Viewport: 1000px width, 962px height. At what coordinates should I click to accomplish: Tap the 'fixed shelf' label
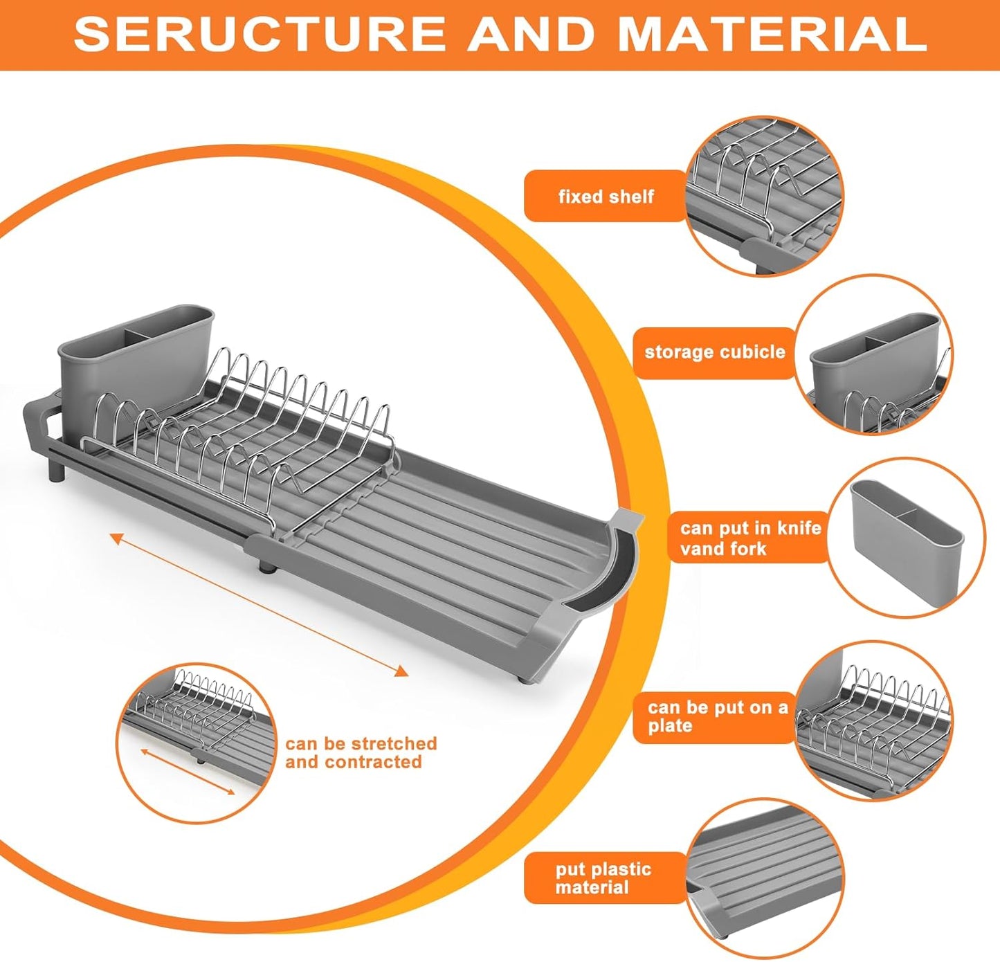point(605,197)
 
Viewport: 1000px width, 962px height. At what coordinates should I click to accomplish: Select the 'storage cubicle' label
point(714,352)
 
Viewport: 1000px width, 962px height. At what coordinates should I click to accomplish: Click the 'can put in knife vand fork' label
point(749,538)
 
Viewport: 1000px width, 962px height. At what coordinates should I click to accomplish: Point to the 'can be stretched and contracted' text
point(361,752)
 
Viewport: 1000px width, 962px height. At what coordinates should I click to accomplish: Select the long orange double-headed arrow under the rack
point(259,604)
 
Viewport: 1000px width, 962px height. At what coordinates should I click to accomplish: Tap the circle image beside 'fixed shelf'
point(765,197)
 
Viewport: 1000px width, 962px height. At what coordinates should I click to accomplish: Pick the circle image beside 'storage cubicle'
point(873,354)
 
